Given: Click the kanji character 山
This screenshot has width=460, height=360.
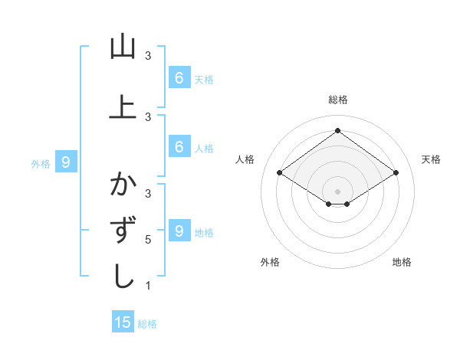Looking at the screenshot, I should tap(123, 47).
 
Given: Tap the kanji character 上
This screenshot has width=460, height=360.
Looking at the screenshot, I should tap(123, 106).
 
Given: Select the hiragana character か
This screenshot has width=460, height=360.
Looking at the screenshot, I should tap(123, 185).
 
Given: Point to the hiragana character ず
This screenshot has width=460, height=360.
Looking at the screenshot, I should tap(123, 231).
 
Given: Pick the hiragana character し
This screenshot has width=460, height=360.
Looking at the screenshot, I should tap(123, 276).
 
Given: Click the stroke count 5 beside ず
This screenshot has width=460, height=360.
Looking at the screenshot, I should tap(148, 240).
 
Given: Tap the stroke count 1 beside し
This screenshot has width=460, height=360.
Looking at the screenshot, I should tap(148, 286).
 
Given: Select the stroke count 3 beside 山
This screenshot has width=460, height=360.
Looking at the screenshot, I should tap(148, 56).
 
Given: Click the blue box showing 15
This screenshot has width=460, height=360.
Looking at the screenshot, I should tap(123, 322).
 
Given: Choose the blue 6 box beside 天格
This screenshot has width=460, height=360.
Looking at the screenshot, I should tap(179, 78).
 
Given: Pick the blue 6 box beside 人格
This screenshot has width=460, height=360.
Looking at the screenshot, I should tap(179, 147).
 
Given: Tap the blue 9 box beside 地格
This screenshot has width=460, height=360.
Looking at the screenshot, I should tap(179, 231).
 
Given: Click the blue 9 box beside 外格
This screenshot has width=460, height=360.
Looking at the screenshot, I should tap(66, 162).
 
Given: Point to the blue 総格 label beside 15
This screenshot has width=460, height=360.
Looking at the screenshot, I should tap(147, 324).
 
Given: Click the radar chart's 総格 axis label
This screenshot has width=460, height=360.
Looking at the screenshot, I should tap(337, 100).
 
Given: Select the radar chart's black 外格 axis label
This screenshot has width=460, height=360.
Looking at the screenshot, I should tap(270, 262).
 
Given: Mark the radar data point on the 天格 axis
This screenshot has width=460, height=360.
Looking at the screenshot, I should tap(396, 173).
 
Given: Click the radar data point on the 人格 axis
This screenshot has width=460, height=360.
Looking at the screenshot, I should tap(280, 173).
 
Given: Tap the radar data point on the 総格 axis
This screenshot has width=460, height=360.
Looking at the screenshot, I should tap(337, 130).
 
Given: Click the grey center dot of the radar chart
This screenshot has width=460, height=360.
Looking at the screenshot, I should tap(337, 191).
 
